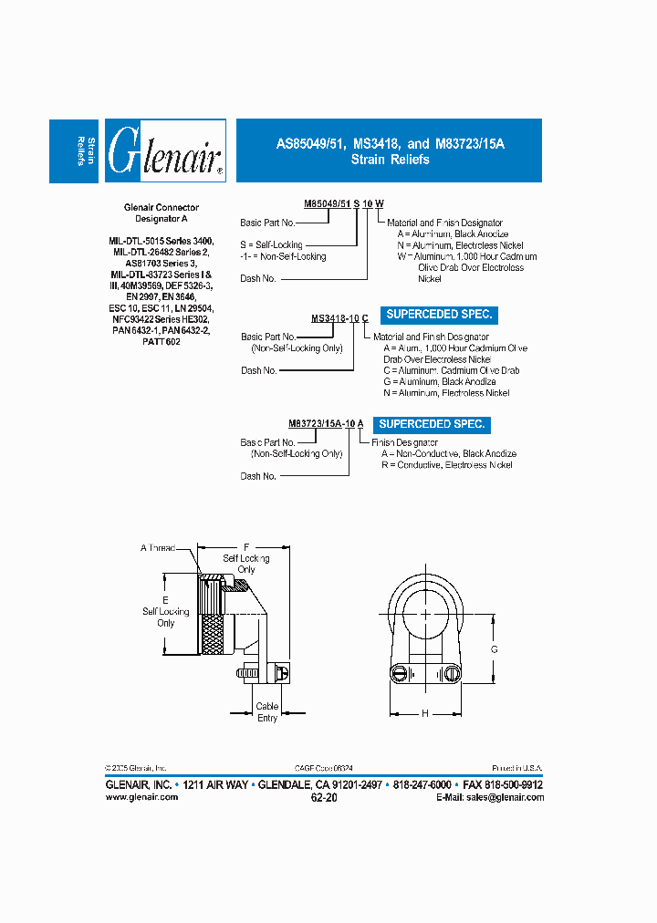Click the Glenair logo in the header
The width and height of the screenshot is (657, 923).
coord(166,150)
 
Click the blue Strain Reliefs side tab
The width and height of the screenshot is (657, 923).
coord(74,150)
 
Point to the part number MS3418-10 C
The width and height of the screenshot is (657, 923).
coord(339,318)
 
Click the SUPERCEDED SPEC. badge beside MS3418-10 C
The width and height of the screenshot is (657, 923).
coord(439,315)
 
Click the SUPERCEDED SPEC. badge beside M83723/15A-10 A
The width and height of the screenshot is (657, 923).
coord(432,424)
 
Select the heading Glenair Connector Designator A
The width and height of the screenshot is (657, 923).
coord(161,213)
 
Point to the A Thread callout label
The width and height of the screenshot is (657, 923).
coord(156,547)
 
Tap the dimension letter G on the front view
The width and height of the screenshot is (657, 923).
coord(494,648)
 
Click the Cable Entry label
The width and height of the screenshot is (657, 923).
coord(267,712)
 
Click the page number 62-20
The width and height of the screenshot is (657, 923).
coord(324,797)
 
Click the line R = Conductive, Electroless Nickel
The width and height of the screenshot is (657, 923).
coord(446,465)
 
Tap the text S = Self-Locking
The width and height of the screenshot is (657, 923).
coord(271,245)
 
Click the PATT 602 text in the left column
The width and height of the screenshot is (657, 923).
coord(161,341)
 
